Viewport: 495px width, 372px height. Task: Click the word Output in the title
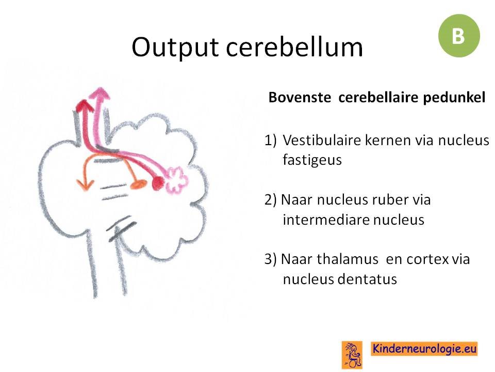[175, 48]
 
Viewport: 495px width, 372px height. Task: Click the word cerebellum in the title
[294, 47]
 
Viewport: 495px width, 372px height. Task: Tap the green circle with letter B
[459, 36]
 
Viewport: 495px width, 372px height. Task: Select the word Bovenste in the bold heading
[299, 97]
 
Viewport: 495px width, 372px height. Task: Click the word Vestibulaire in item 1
[322, 140]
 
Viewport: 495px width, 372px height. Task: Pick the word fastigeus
[312, 160]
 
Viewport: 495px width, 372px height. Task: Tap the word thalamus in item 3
[347, 259]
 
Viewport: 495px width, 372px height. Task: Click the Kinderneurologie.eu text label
[424, 349]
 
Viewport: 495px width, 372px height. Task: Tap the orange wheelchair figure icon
[352, 354]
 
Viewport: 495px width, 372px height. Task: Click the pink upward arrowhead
[100, 94]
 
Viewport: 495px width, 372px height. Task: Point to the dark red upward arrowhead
[84, 105]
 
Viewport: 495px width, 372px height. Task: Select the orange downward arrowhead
[85, 184]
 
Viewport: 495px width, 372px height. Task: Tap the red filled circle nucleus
[158, 183]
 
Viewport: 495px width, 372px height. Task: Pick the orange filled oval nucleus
[138, 184]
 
